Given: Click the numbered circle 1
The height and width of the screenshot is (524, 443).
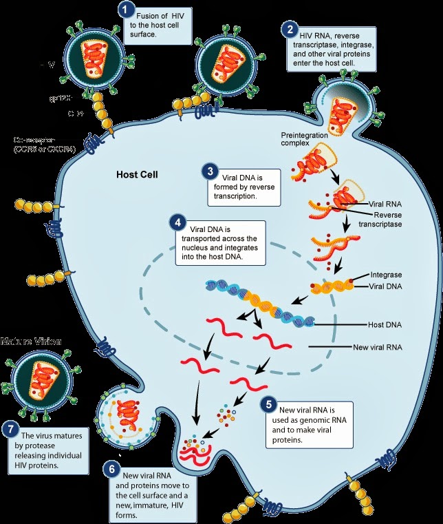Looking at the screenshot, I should pyautogui.click(x=125, y=10).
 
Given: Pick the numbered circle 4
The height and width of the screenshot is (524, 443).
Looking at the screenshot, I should pyautogui.click(x=177, y=224).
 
